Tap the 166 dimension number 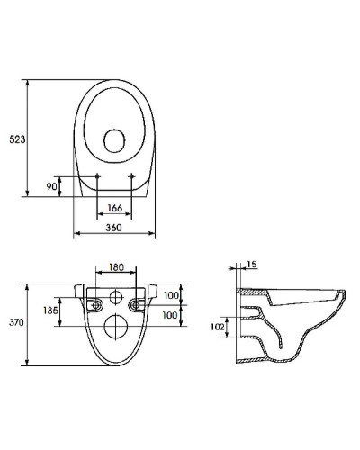(115, 210)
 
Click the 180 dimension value (116, 267)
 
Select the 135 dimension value (51, 310)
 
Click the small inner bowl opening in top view (115, 141)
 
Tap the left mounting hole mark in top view (96, 175)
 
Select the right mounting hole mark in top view (133, 175)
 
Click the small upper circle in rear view (115, 298)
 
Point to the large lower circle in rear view (115, 325)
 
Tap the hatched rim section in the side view (256, 293)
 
